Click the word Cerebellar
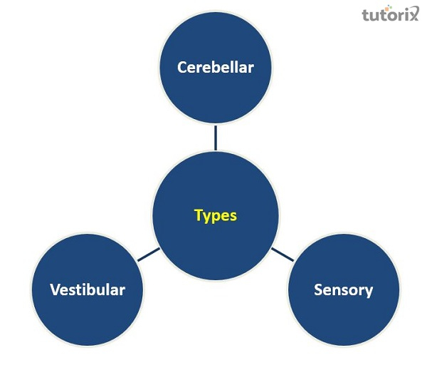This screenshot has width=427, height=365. coord(215,68)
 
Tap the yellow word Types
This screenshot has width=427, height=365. coord(215,215)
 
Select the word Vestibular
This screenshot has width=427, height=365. coord(88,289)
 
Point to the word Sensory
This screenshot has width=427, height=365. coord(343,289)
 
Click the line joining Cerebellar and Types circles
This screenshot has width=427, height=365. coord(215,138)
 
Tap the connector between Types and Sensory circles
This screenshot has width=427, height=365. coord(282,254)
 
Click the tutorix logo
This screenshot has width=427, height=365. coord(391,15)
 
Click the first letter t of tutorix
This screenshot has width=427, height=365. coord(365,15)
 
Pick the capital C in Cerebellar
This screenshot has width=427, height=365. coord(182,68)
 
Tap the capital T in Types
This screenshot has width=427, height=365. coord(199,215)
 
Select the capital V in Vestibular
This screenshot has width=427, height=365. coord(55,289)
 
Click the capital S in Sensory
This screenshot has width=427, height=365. coord(318,289)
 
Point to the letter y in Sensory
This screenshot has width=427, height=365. coord(369,292)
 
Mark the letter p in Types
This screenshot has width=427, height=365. coord(217,217)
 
